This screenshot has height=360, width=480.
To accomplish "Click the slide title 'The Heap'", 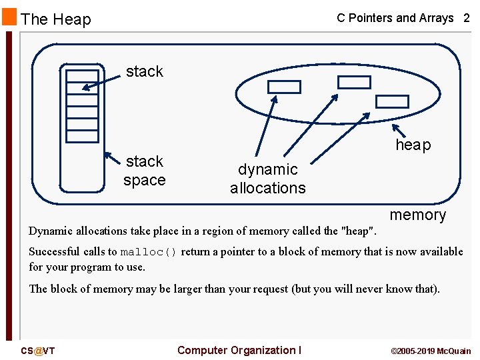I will (x=56, y=19).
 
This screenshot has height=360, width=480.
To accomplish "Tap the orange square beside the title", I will (x=9, y=17).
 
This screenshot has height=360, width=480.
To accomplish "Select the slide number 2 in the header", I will (x=466, y=18).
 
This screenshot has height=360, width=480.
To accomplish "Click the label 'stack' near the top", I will (x=144, y=71).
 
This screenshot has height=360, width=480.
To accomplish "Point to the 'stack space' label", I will (x=145, y=171).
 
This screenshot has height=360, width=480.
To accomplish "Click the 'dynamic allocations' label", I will (x=268, y=179).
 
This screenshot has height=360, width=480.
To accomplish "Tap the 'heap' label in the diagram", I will (x=413, y=145).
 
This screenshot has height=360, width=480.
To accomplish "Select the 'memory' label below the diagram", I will (x=417, y=215).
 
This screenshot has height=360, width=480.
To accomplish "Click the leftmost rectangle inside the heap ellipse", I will (x=284, y=87).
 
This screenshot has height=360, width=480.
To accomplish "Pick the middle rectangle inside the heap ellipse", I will (x=354, y=82).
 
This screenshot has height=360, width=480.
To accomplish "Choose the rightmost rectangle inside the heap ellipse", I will (x=392, y=101).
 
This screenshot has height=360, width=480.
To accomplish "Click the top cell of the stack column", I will (x=82, y=75).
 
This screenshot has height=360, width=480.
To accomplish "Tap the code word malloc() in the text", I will (x=148, y=252).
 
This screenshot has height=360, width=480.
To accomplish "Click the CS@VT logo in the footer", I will (x=38, y=351).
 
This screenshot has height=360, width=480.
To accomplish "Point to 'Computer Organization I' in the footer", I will (x=239, y=350).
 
